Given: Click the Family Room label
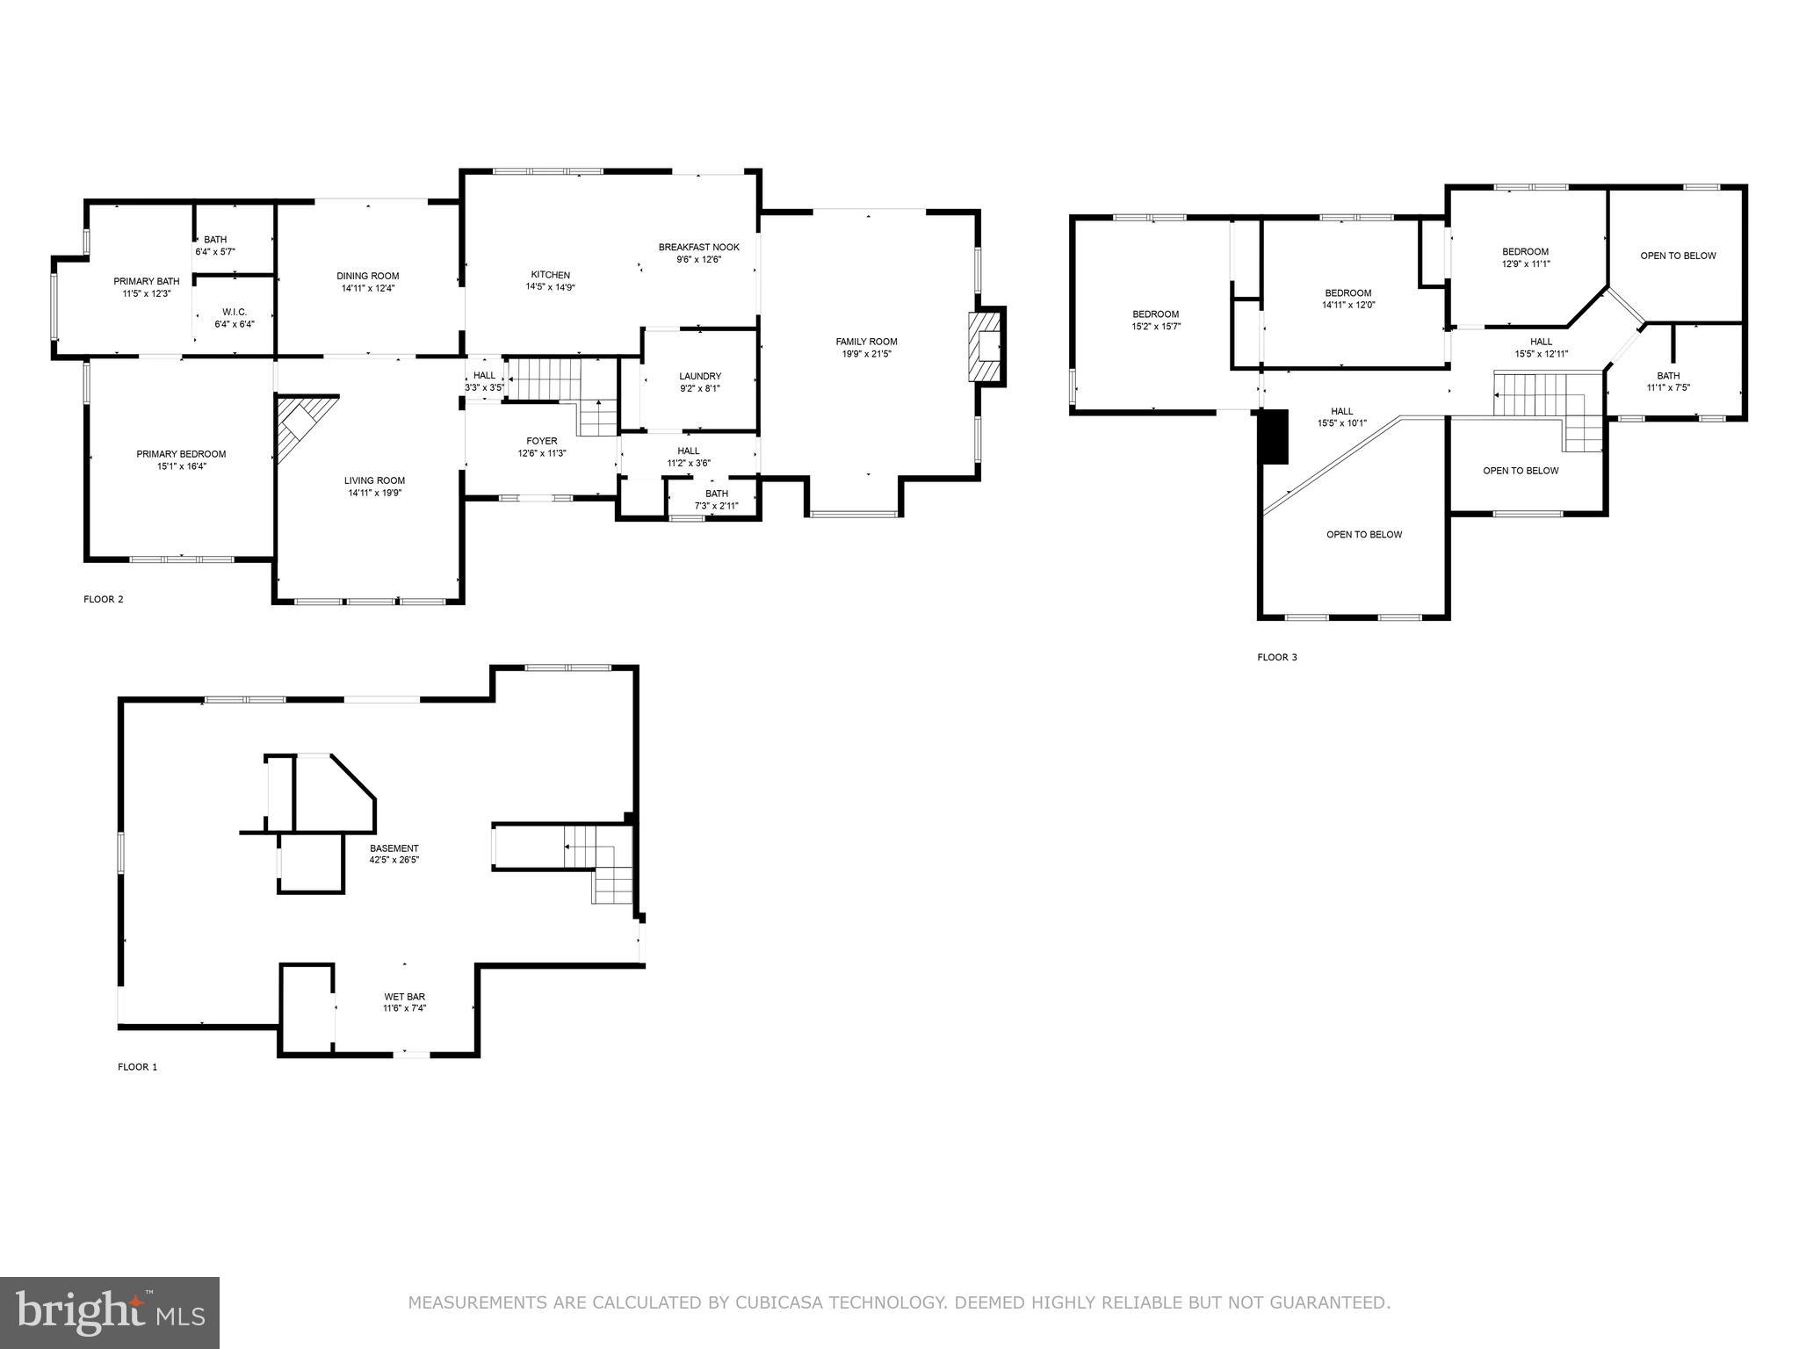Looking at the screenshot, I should [x=866, y=342].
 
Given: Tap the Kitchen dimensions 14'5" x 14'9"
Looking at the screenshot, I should [x=550, y=287].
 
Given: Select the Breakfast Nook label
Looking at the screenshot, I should [x=698, y=247].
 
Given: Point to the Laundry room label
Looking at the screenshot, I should [x=699, y=376].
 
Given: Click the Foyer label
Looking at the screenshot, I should [x=541, y=441].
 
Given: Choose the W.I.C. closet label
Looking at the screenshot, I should [x=234, y=311].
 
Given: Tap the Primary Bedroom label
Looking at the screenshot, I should [x=181, y=454].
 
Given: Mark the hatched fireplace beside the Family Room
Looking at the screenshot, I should [x=986, y=346].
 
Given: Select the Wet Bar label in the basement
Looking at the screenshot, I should [x=404, y=997].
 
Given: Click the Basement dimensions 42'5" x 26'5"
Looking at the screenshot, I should [x=394, y=860].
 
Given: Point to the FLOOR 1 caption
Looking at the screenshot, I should [x=137, y=1067].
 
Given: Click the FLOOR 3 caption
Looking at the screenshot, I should [x=1276, y=657].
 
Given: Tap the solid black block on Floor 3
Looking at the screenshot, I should [x=1273, y=436].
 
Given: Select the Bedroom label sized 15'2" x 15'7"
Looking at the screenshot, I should [x=1155, y=314].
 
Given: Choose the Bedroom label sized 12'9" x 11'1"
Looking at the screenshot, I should [x=1525, y=251].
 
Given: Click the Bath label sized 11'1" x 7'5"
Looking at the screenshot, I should [x=1668, y=376].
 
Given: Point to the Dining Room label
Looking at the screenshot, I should [x=367, y=276].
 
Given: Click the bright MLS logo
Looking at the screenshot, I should [x=110, y=1312].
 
